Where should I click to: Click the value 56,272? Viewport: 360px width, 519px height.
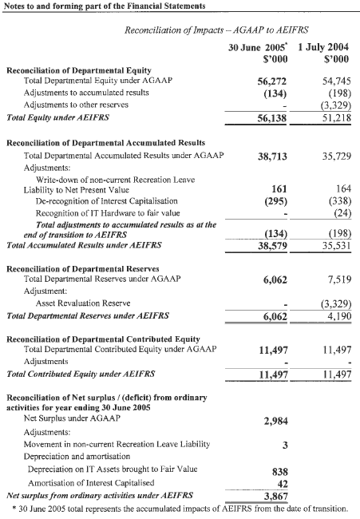coord(272,81)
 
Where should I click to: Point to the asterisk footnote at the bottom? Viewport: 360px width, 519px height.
coord(180,509)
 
